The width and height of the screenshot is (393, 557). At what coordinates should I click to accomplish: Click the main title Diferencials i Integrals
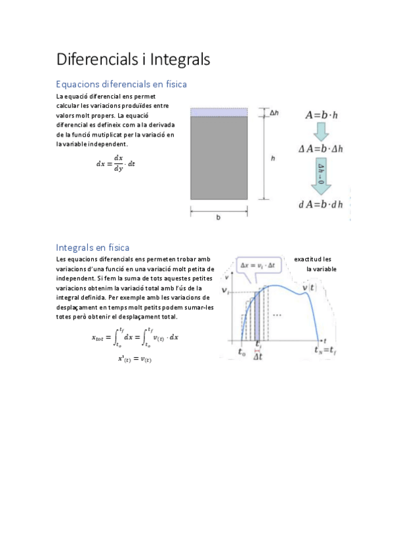point(133,59)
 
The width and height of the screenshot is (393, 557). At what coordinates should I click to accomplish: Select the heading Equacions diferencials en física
point(121,84)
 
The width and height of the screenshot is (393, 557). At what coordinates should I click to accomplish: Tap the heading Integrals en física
point(93,248)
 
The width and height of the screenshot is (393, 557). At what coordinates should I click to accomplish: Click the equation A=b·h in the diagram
point(321,115)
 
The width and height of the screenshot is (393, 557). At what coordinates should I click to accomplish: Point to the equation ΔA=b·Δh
point(321,149)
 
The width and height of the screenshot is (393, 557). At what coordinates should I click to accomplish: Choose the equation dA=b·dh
point(321,204)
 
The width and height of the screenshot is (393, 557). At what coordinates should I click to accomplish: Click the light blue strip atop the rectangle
point(219,112)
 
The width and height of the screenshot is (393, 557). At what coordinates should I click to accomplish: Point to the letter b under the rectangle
point(218,218)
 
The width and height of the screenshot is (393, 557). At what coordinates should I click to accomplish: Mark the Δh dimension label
point(274,113)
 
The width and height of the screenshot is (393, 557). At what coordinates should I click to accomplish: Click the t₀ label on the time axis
point(243,351)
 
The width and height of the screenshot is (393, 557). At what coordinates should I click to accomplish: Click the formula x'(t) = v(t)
point(134,358)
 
